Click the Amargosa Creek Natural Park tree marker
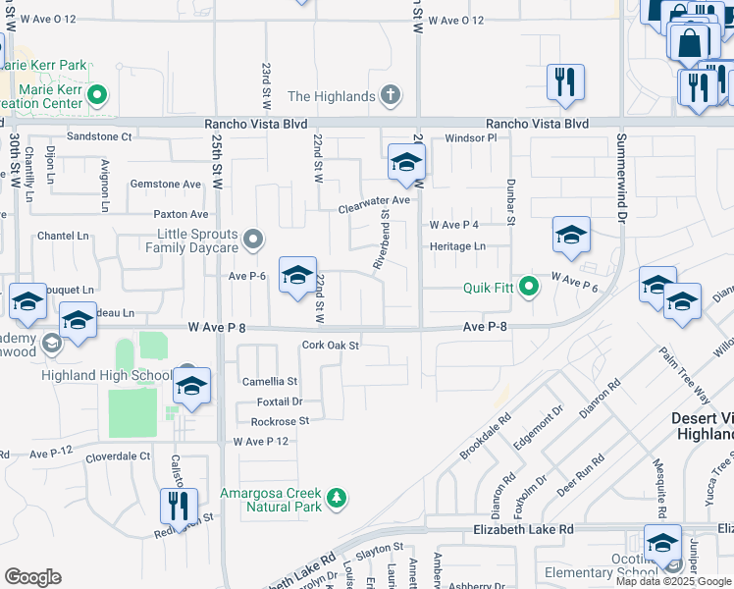337,500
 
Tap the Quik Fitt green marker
529,288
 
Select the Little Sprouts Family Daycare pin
253,240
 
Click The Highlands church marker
390,96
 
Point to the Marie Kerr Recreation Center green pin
96,96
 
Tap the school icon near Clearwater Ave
405,164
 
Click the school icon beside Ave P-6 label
297,276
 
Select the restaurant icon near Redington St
179,507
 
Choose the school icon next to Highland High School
191,386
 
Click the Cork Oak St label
331,345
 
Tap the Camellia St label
271,381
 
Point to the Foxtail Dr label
280,402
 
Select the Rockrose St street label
280,421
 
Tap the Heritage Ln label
457,246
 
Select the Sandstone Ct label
98,136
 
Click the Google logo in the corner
32,577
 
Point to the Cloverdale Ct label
118,456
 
